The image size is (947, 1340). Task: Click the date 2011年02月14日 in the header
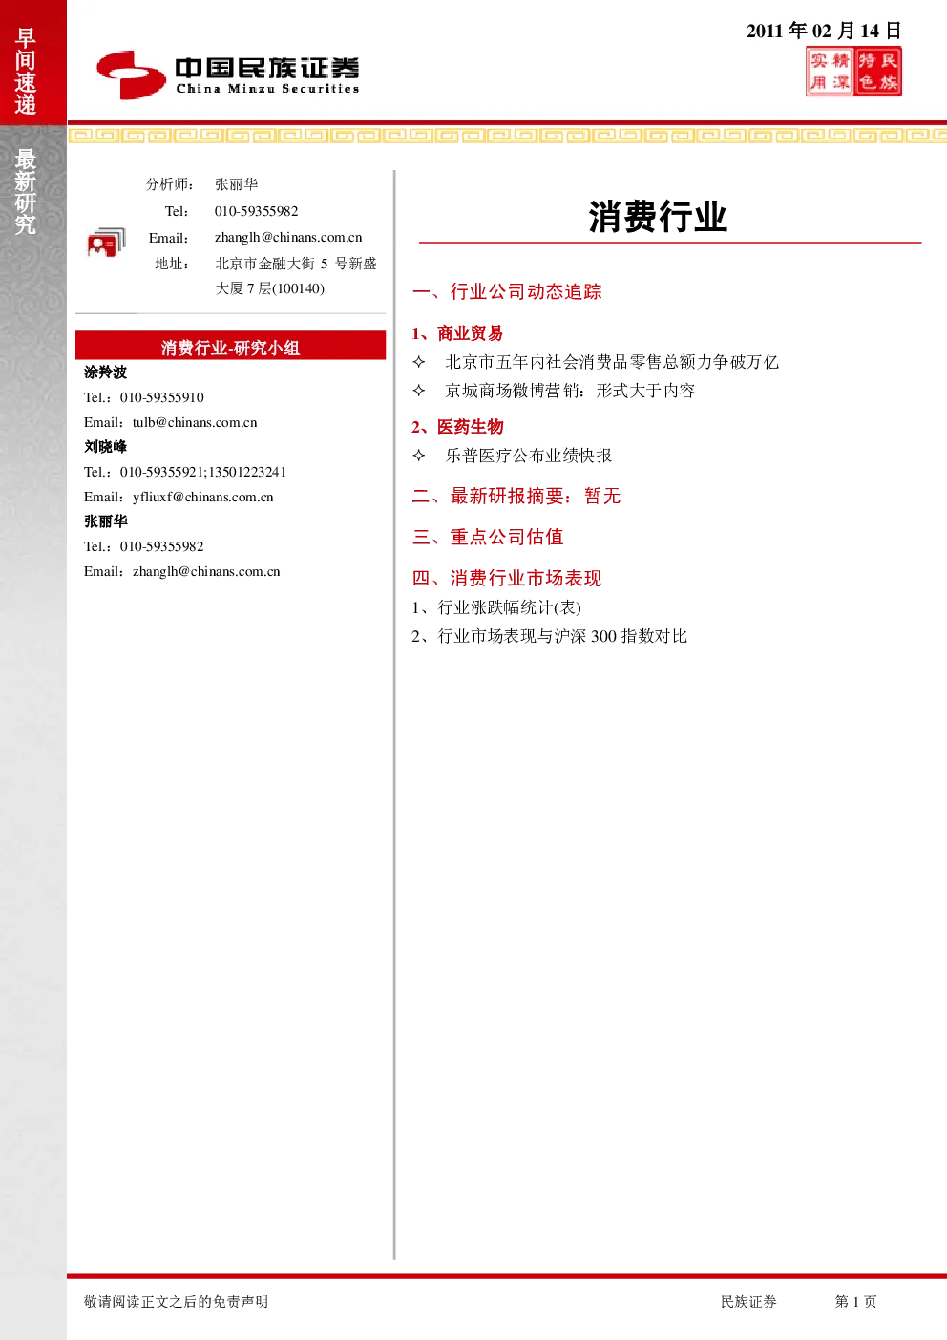(x=823, y=31)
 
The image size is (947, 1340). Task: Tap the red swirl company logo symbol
(x=131, y=74)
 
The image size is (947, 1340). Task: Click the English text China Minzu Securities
(x=267, y=89)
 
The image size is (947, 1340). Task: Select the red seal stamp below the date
(x=853, y=72)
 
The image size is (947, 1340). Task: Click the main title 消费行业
(x=658, y=217)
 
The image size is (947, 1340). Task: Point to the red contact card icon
(x=106, y=243)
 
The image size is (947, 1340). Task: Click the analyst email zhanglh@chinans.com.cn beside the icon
(x=288, y=238)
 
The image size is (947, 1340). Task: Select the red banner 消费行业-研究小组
(x=230, y=346)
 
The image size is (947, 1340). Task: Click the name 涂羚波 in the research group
(x=105, y=372)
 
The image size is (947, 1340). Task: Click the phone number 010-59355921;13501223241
(x=202, y=472)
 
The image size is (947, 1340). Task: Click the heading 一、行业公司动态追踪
(x=507, y=291)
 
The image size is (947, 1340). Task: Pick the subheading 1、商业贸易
(x=457, y=333)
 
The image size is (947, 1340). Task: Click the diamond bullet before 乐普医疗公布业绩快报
(x=419, y=456)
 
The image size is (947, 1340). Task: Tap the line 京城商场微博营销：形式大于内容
(x=570, y=391)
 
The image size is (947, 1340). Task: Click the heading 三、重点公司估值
(x=488, y=537)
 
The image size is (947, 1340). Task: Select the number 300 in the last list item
(x=603, y=636)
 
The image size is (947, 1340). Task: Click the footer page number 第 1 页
(x=855, y=1301)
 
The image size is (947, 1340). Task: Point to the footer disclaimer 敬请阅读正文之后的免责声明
(x=176, y=1301)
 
